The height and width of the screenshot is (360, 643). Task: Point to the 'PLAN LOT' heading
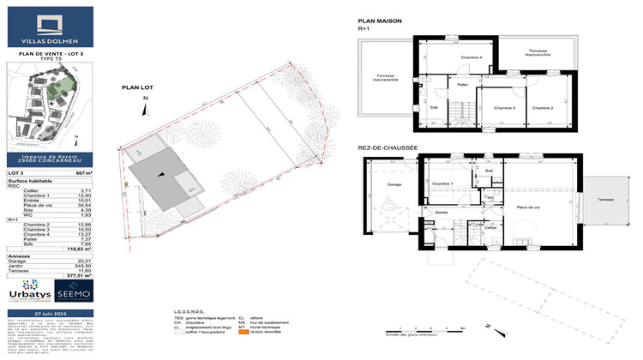(137, 87)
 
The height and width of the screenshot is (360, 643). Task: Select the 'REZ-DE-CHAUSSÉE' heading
(388, 147)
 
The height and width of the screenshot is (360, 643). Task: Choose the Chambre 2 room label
(541, 108)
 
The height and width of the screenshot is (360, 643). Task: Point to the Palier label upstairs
(462, 85)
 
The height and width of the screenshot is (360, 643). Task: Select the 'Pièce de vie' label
(528, 208)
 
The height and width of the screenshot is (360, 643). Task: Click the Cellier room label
(491, 227)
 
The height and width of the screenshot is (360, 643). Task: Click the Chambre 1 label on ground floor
(443, 183)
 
